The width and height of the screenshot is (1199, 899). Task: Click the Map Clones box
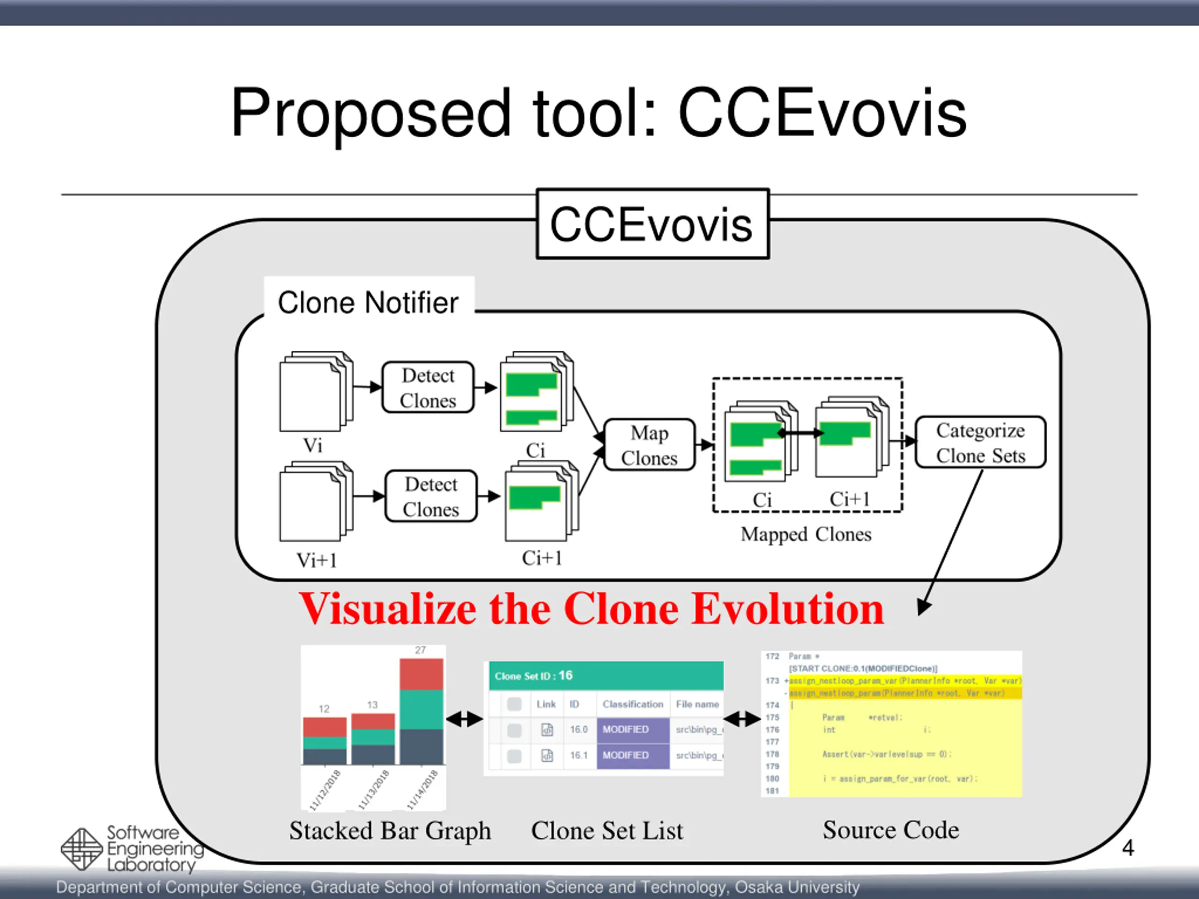[x=649, y=445]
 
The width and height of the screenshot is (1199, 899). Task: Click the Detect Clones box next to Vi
[x=428, y=387]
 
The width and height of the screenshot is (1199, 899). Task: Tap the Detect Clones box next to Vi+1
[x=431, y=496]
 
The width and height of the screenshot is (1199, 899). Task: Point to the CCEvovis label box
[x=652, y=224]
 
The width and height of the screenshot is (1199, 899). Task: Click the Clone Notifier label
[x=368, y=302]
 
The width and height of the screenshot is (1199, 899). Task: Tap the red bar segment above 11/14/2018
[x=421, y=674]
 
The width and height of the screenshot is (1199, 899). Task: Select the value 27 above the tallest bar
[x=421, y=650]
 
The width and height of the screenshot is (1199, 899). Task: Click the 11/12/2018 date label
[x=325, y=790]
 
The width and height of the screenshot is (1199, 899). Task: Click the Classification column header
[x=633, y=704]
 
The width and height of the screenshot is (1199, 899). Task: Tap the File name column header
[x=697, y=704]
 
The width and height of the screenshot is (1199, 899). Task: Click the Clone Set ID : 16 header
[x=534, y=676]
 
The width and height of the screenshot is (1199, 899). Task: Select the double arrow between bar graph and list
[x=464, y=719]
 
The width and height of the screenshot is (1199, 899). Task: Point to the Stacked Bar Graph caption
[x=390, y=831]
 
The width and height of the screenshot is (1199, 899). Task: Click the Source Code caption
[x=890, y=830]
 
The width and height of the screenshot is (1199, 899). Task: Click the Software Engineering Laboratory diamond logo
[x=81, y=848]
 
